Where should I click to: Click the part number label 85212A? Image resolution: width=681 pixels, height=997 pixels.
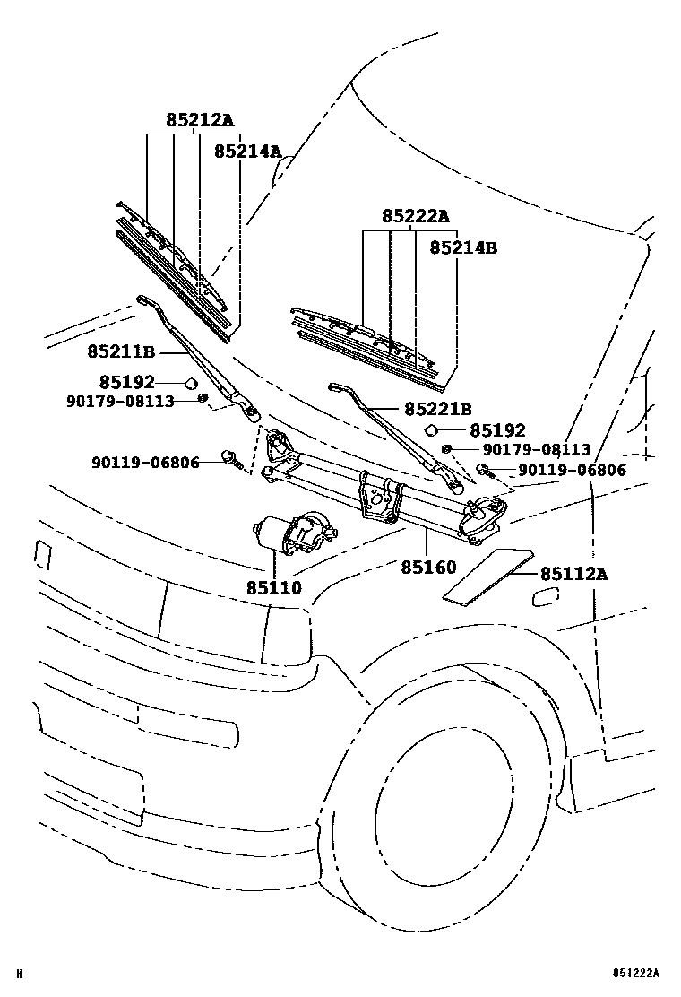click(198, 120)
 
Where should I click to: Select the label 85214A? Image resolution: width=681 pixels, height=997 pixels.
click(247, 152)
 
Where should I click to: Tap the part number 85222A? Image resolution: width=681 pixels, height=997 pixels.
click(415, 216)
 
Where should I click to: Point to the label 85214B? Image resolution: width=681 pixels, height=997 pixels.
click(462, 247)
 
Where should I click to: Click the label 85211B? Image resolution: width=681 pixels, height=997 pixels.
click(121, 351)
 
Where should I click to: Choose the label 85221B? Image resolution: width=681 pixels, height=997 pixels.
click(437, 409)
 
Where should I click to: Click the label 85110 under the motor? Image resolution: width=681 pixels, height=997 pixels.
click(275, 588)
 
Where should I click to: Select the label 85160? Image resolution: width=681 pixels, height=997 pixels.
click(428, 567)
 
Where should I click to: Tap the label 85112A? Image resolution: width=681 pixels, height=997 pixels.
click(573, 574)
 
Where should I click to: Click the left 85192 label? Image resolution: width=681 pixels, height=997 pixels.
click(126, 382)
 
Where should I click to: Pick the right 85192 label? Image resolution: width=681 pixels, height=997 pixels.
click(497, 431)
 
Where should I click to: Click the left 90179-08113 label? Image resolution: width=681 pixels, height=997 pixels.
click(119, 401)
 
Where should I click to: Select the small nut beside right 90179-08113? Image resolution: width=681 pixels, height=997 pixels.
click(447, 449)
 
